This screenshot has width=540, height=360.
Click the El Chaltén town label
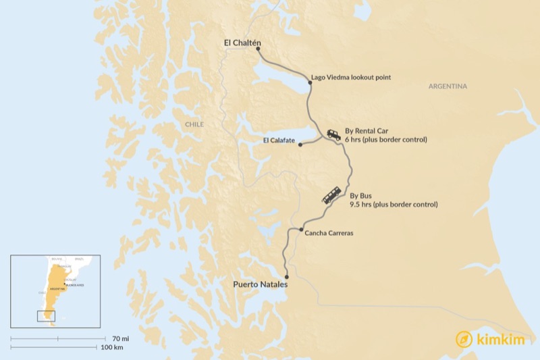point(242,43)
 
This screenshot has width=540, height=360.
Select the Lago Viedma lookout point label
point(351,78)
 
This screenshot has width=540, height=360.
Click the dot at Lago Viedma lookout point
point(310,82)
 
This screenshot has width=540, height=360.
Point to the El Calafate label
point(279,140)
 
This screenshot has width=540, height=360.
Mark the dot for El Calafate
point(300,144)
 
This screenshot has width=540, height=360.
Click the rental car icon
point(333,134)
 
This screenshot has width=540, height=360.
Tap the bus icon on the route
point(331,195)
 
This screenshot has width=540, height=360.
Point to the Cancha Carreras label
point(329,233)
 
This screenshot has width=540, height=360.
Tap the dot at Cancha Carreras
point(301,230)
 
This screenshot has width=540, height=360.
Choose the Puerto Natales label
point(260,284)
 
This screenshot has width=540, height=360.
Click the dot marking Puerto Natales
point(287,276)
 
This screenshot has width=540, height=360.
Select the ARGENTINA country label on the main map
point(448,86)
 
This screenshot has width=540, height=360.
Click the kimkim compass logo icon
point(464,339)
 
